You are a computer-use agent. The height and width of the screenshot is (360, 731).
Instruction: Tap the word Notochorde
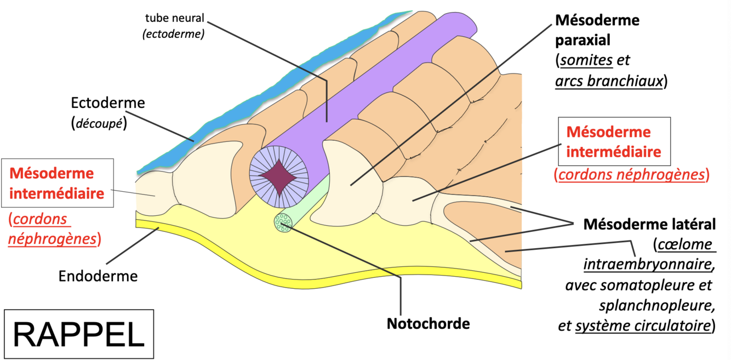428,323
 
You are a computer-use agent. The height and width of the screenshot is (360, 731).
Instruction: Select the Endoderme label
98,276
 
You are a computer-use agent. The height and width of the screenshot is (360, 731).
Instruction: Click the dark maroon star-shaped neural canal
279,176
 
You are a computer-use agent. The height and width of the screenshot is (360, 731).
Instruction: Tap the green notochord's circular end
283,222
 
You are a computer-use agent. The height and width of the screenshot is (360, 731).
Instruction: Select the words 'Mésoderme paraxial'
597,31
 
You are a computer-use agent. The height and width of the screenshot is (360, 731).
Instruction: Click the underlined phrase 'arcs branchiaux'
608,81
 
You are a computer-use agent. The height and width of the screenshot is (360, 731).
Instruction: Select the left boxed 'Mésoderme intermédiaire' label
57,184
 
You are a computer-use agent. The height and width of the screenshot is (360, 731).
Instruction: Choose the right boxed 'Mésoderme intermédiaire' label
614,141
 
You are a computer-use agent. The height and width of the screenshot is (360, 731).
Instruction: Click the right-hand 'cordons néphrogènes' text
631,175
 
